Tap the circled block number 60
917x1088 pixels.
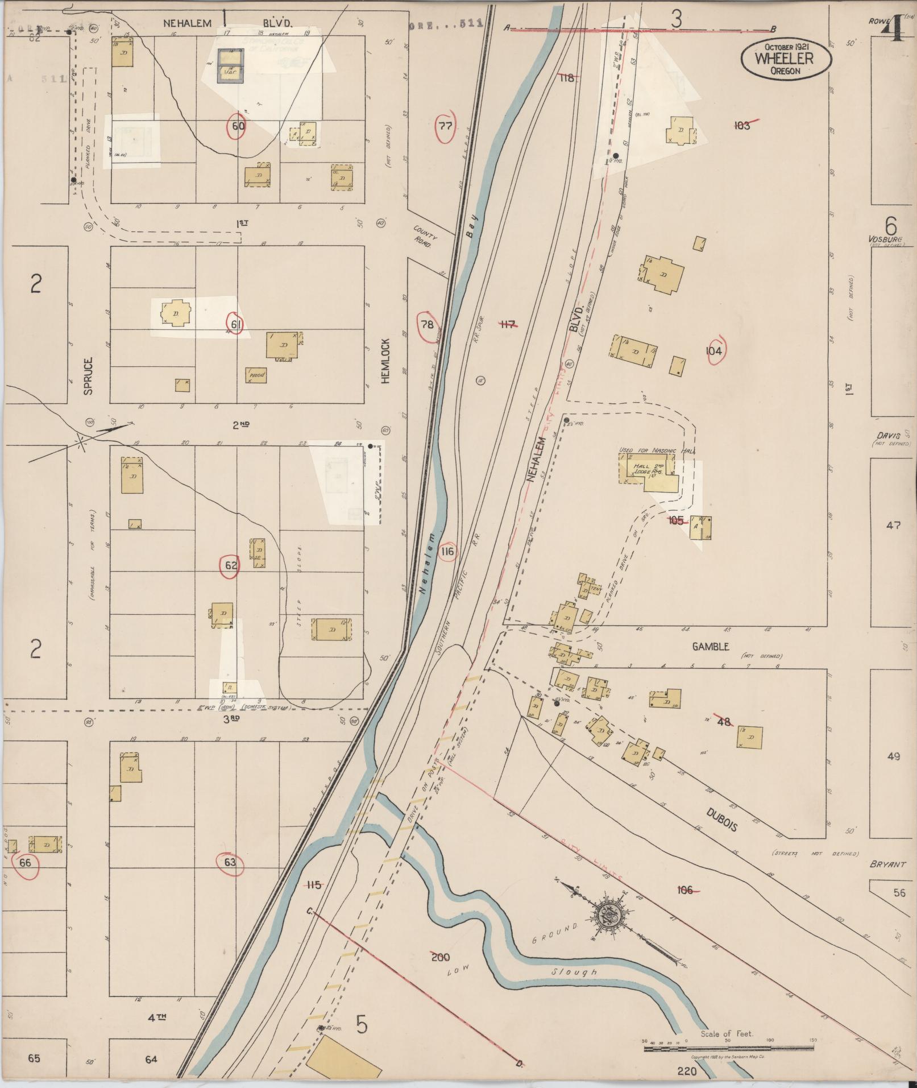(x=238, y=126)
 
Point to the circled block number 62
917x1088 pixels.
(x=231, y=565)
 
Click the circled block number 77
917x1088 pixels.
(x=446, y=126)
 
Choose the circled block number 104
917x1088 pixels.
(x=713, y=351)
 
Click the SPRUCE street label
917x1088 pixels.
(x=89, y=375)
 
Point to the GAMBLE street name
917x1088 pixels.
(x=710, y=647)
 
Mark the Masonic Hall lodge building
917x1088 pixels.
(x=648, y=471)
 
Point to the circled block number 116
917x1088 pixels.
(x=447, y=551)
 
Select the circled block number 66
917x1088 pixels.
(x=25, y=863)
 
